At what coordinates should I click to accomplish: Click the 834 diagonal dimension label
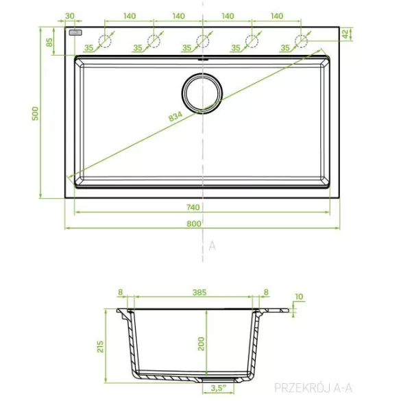175,116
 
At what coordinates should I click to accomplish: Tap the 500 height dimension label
35,114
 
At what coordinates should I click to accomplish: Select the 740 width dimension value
193,207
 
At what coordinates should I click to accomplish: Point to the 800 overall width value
193,223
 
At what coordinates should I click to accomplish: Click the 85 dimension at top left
49,42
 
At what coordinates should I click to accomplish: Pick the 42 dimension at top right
345,34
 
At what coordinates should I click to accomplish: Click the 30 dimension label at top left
69,16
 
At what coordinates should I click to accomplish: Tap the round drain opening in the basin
202,93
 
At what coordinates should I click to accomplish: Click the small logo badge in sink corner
75,33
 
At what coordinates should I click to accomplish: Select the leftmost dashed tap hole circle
105,41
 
